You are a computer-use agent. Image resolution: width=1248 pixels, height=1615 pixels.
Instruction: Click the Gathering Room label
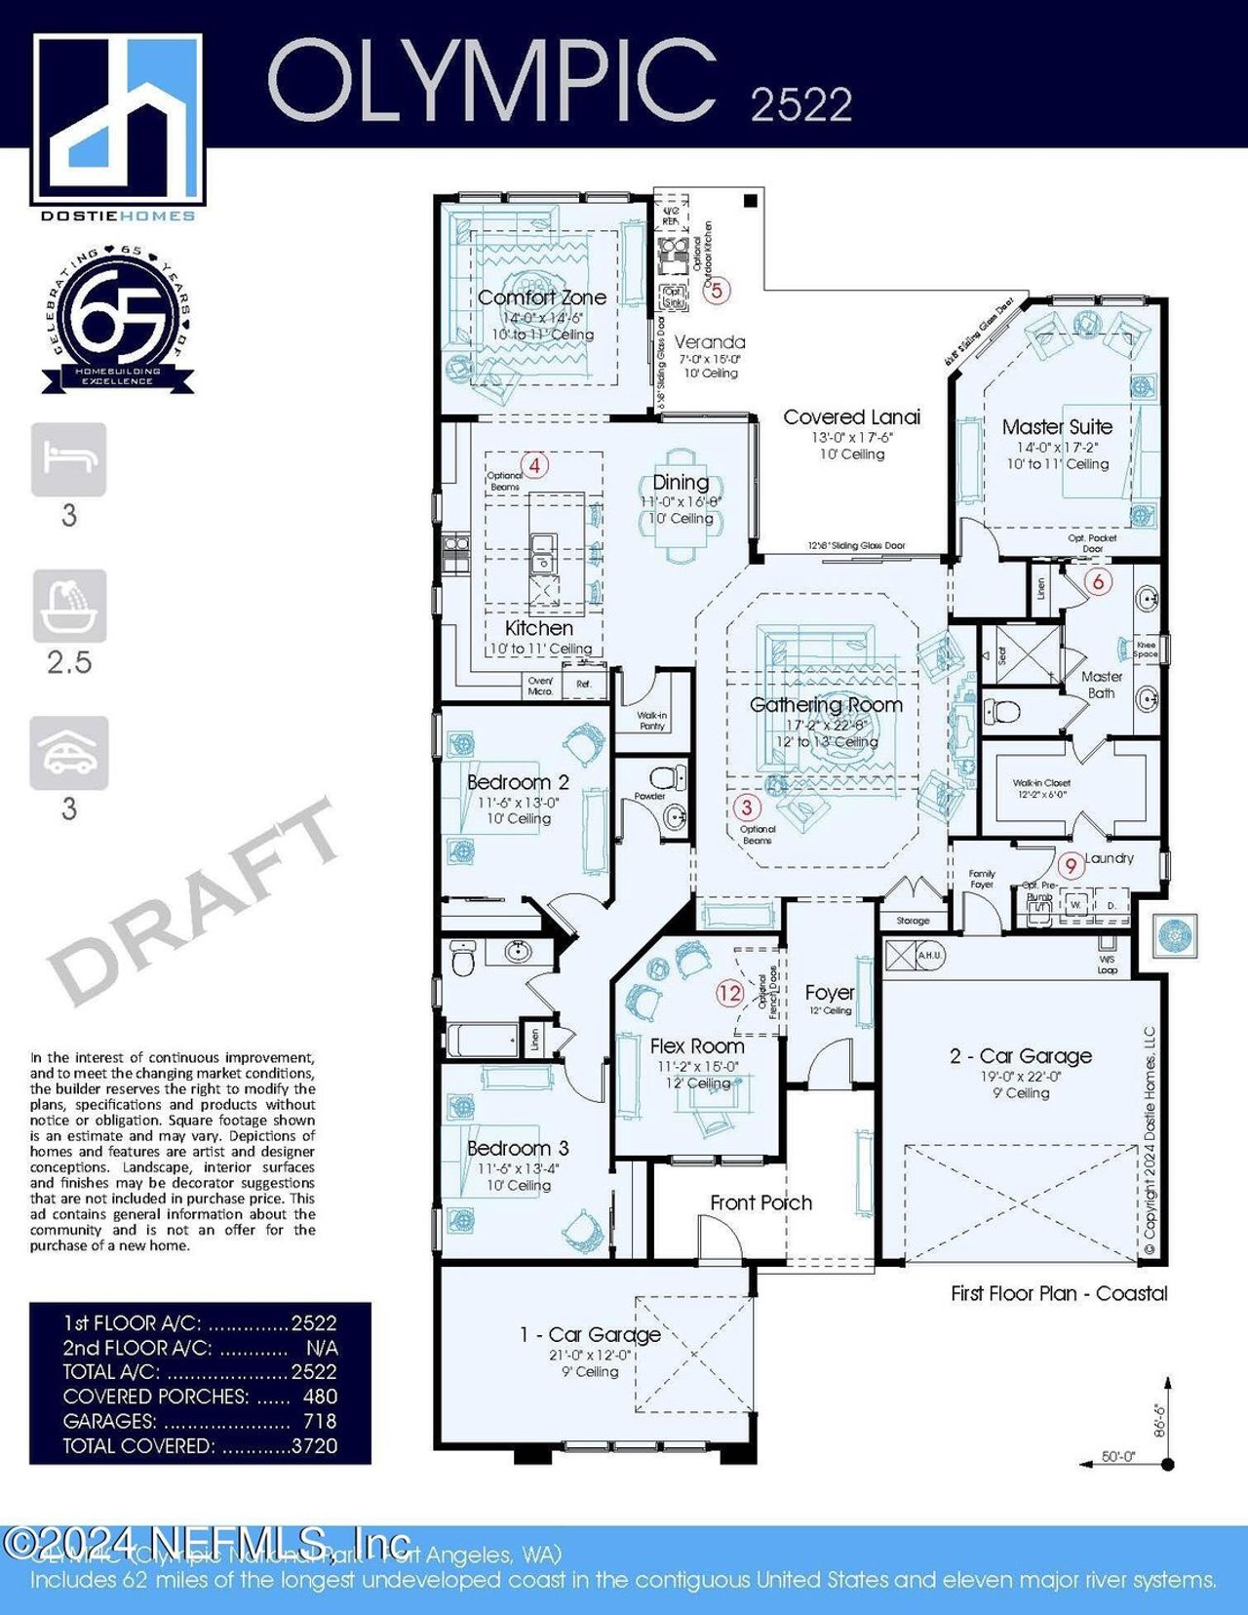click(826, 704)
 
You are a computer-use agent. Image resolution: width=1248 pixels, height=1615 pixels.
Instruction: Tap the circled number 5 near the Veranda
click(717, 290)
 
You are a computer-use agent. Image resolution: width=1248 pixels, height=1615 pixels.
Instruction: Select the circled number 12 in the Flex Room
click(729, 993)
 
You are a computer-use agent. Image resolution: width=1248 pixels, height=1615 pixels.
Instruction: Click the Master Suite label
click(1057, 426)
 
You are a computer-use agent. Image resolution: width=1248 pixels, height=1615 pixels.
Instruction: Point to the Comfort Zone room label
click(542, 297)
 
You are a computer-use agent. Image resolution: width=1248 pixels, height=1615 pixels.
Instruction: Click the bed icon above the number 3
click(69, 459)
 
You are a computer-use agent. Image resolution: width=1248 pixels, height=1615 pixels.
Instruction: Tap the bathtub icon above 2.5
click(69, 606)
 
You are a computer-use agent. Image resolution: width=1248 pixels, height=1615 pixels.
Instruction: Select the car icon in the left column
click(69, 753)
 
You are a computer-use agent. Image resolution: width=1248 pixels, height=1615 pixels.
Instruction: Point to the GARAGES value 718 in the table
click(320, 1421)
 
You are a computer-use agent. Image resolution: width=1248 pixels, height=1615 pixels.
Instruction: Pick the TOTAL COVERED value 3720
click(314, 1445)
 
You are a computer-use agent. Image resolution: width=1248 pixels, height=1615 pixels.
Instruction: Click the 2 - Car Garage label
click(1021, 1055)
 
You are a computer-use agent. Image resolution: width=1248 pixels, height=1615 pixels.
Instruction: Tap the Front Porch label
click(760, 1202)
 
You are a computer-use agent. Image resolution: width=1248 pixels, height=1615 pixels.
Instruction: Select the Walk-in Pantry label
click(652, 721)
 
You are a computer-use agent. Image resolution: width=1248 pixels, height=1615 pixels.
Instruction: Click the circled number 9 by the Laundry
click(1071, 865)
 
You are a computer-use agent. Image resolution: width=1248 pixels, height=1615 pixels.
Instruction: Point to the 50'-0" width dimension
click(1118, 1456)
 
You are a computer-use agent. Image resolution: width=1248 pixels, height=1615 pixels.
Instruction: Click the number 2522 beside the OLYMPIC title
click(800, 104)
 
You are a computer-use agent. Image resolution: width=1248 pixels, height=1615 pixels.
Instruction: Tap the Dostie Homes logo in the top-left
click(118, 122)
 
